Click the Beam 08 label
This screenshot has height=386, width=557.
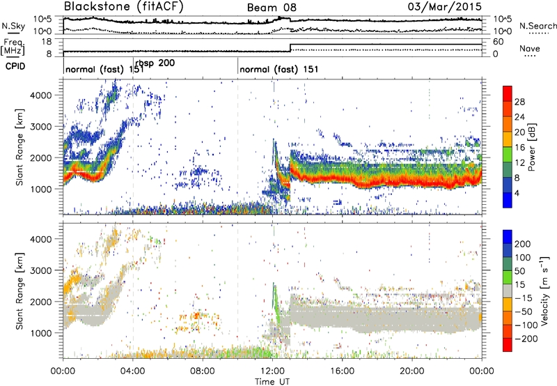(270, 8)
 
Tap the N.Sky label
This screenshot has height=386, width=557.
(13, 25)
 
